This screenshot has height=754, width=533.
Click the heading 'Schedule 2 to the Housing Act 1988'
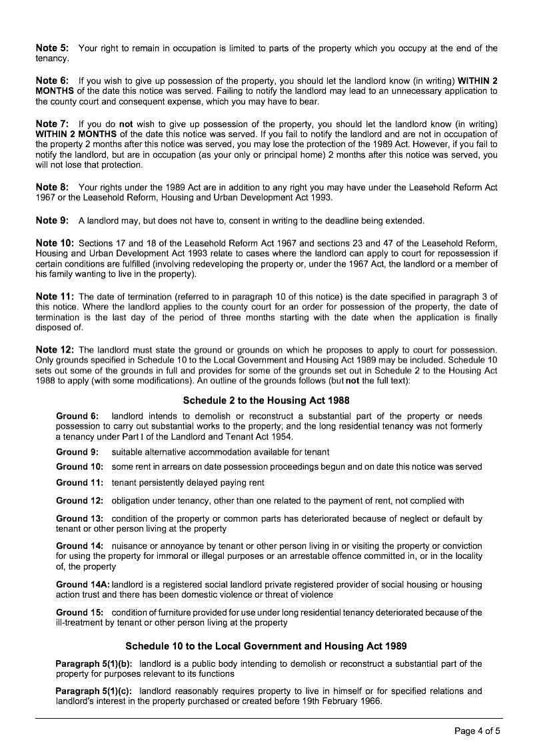pyautogui.click(x=266, y=400)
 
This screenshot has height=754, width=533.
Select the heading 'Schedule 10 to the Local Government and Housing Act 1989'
pyautogui.click(x=266, y=646)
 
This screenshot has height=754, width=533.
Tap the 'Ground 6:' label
pyautogui.click(x=78, y=416)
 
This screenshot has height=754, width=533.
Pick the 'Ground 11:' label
pyautogui.click(x=79, y=482)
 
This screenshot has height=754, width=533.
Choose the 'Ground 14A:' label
pyautogui.click(x=83, y=584)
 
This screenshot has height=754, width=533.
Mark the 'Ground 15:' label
pyautogui.click(x=79, y=612)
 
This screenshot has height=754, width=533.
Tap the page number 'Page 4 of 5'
pyautogui.click(x=477, y=731)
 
